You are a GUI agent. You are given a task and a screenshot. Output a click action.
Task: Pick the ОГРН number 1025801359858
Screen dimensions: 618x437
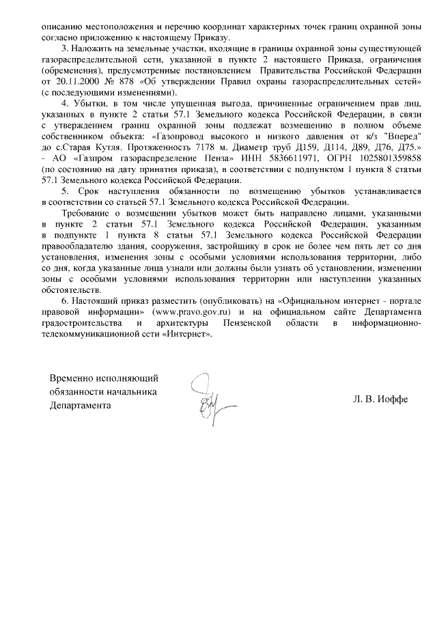pyautogui.click(x=369, y=158)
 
